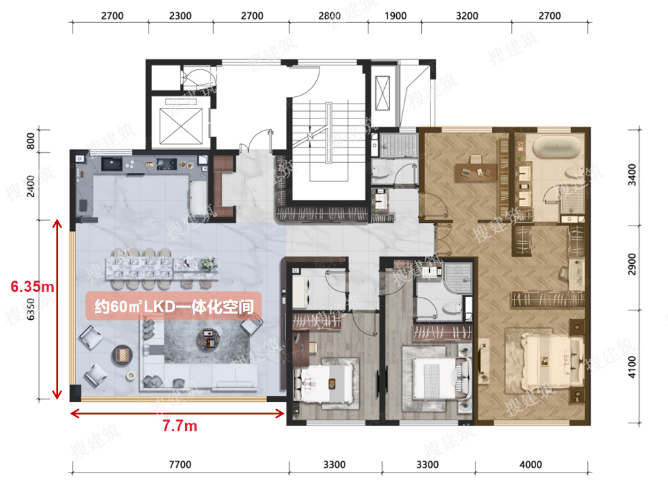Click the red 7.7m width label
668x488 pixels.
(180, 426)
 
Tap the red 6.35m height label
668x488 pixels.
(32, 287)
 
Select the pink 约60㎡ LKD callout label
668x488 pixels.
(174, 306)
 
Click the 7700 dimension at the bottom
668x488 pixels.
(180, 464)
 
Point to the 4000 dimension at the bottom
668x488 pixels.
(530, 464)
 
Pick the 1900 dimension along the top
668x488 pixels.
(396, 15)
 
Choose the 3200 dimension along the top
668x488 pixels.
(467, 15)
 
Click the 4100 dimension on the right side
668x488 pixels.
(632, 367)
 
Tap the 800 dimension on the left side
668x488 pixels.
(31, 141)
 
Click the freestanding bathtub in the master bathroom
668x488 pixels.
(556, 147)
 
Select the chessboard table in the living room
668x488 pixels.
(122, 355)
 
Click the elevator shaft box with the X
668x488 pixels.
(181, 126)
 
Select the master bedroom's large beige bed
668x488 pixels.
(544, 361)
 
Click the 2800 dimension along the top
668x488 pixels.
(330, 15)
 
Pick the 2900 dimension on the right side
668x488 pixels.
(632, 265)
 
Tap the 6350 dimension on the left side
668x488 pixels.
(31, 309)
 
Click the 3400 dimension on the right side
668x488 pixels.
(632, 175)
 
